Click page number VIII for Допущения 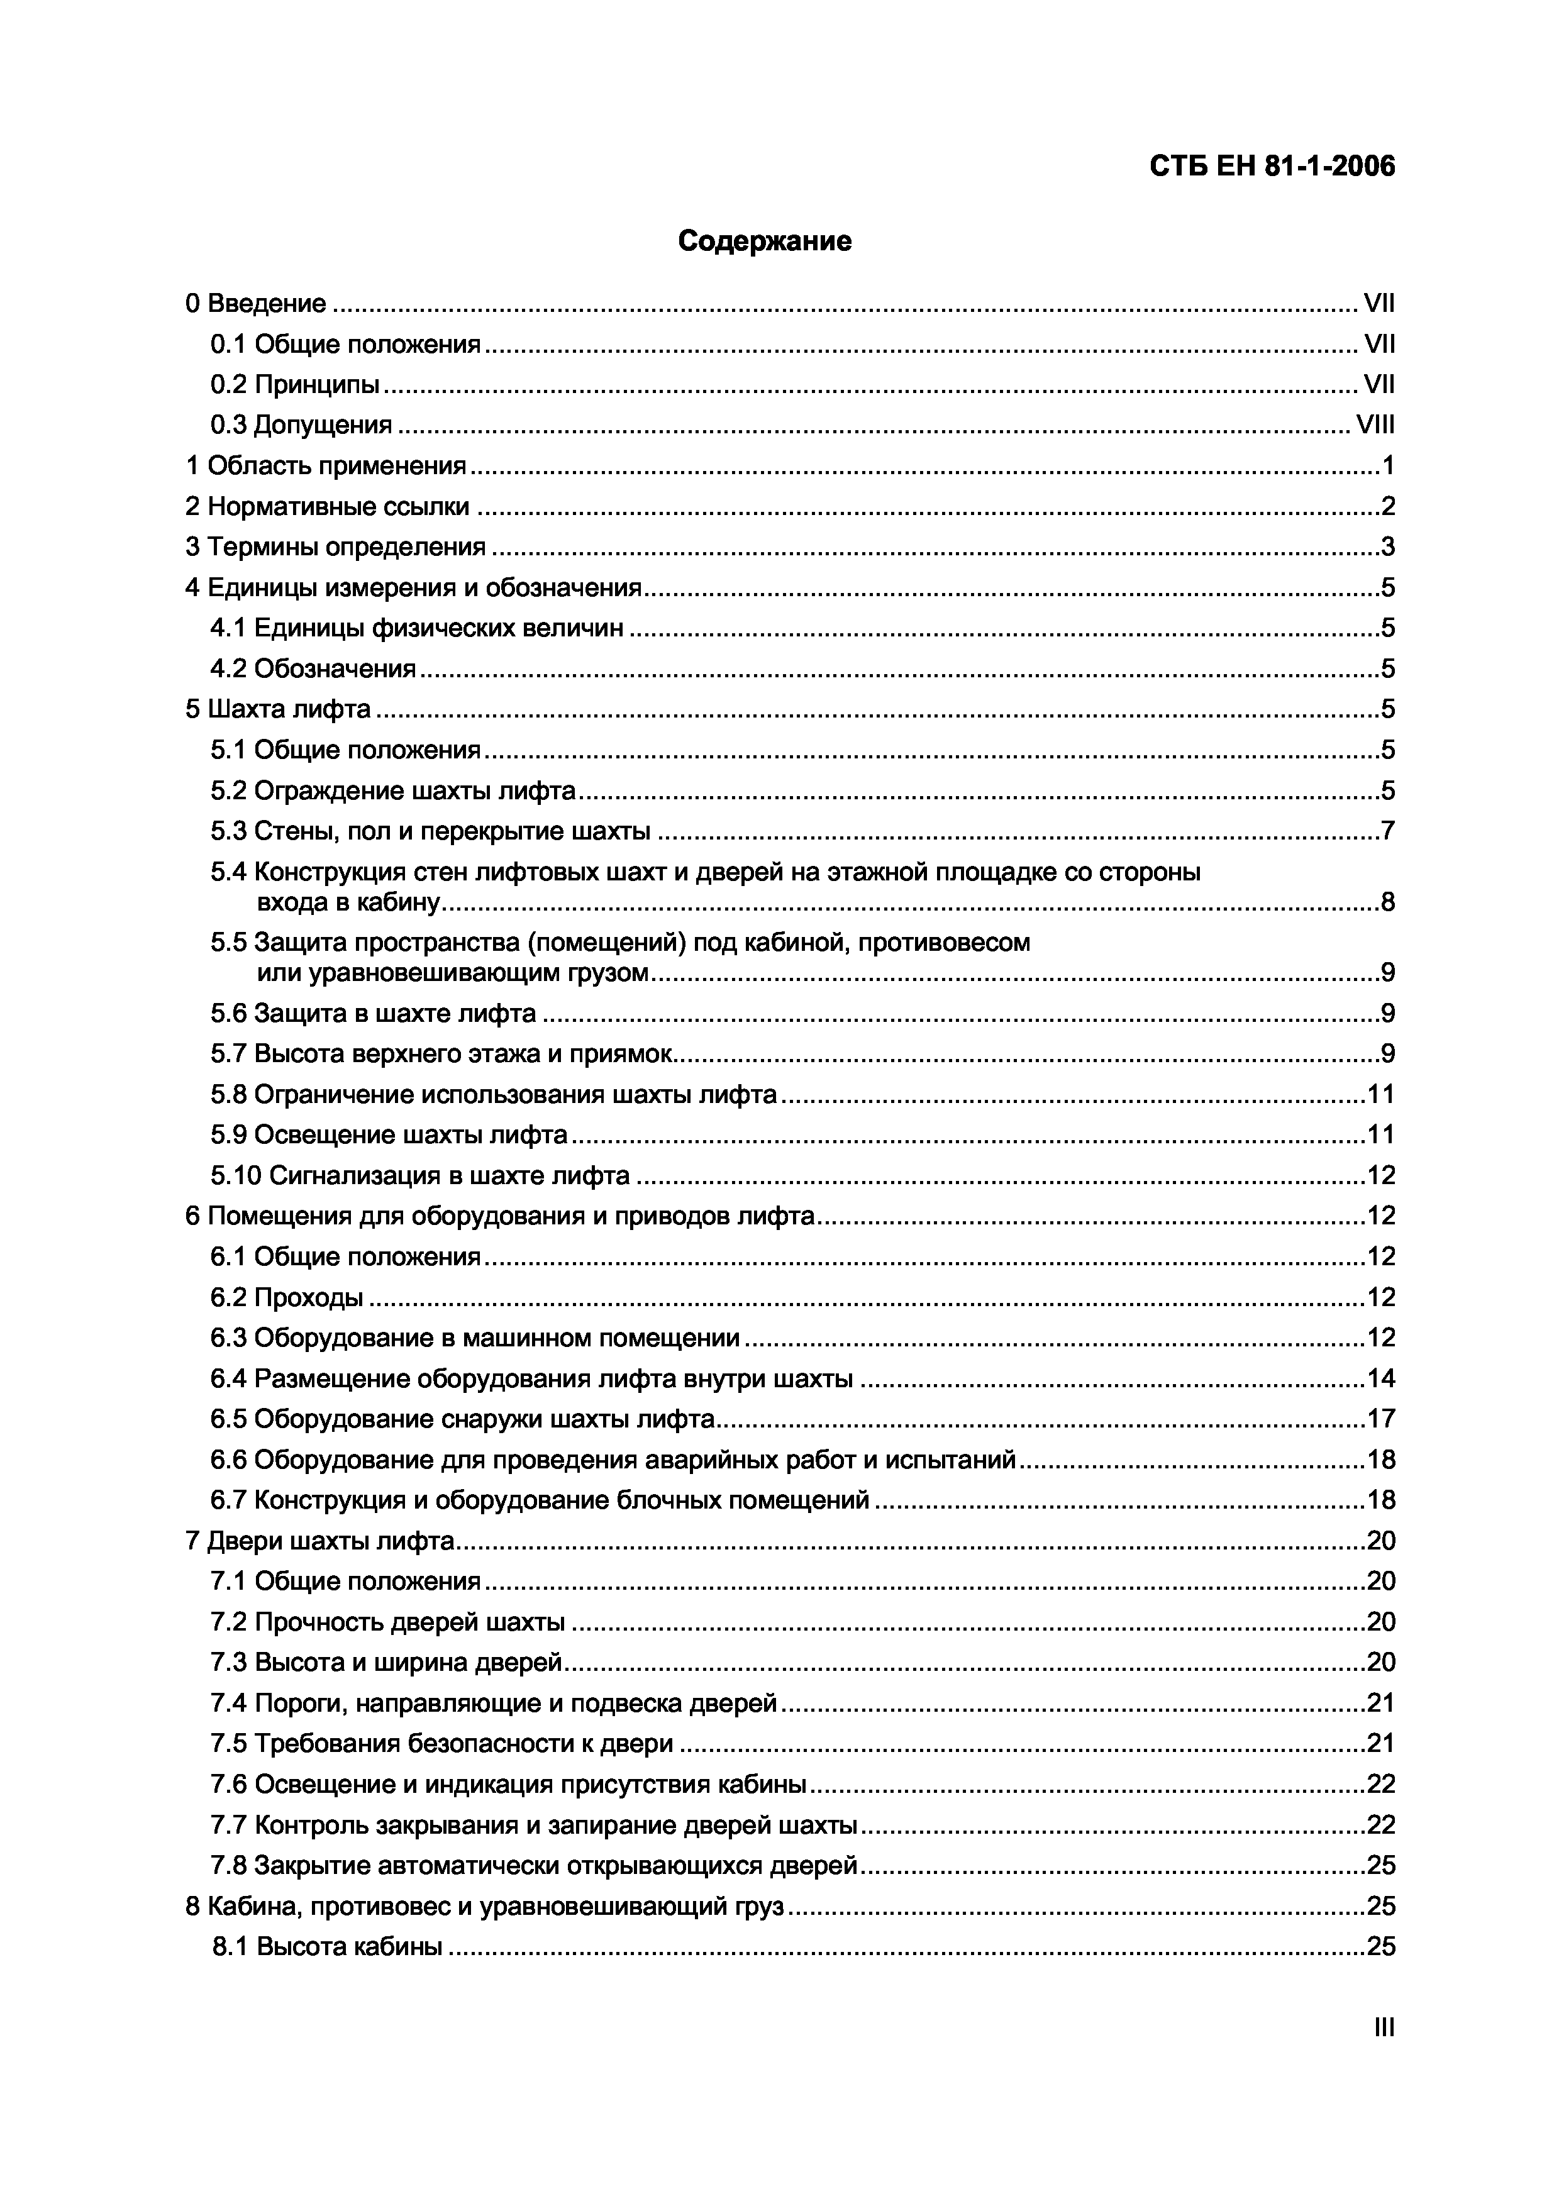(1375, 424)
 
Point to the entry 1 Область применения (326, 466)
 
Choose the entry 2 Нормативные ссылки (328, 506)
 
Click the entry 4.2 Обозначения (313, 668)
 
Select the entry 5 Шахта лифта (277, 709)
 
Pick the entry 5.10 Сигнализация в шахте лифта (419, 1175)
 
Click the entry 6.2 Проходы (286, 1297)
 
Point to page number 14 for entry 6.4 (1380, 1378)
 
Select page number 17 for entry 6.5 (1380, 1419)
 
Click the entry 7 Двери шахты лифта (319, 1541)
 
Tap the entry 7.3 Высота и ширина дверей (386, 1662)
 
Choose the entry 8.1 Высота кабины (326, 1946)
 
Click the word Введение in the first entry (266, 304)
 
